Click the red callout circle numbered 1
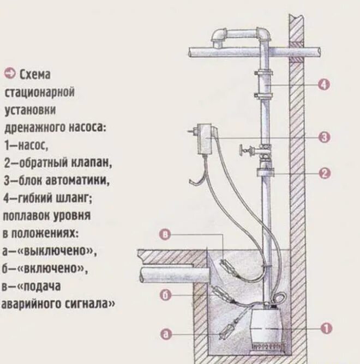(326, 328)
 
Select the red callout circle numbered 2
(325, 173)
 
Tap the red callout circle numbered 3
(325, 137)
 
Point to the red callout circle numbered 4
(325, 84)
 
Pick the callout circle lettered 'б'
(167, 295)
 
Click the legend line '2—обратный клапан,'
(57, 163)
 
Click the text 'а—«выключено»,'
(50, 251)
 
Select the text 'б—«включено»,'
(44, 269)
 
